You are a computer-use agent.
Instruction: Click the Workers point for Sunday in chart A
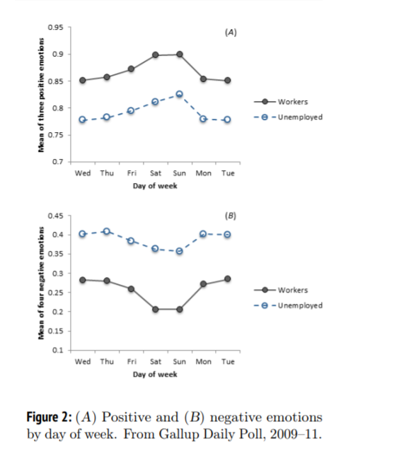pyautogui.click(x=179, y=54)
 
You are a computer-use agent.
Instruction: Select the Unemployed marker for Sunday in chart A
pyautogui.click(x=179, y=94)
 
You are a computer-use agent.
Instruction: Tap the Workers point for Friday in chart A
pyautogui.click(x=131, y=69)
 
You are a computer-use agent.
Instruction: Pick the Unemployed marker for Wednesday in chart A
pyautogui.click(x=83, y=120)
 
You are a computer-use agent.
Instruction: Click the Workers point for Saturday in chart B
pyautogui.click(x=155, y=310)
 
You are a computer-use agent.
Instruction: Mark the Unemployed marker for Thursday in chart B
pyautogui.click(x=107, y=231)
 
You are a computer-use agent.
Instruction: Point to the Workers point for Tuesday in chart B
pyautogui.click(x=227, y=278)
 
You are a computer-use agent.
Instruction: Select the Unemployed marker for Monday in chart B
pyautogui.click(x=203, y=234)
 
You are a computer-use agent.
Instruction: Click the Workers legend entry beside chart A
pyautogui.click(x=281, y=102)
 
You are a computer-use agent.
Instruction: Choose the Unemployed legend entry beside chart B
pyautogui.click(x=288, y=305)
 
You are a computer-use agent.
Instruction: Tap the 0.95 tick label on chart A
pyautogui.click(x=55, y=28)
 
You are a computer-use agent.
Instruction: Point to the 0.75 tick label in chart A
pyautogui.click(x=55, y=135)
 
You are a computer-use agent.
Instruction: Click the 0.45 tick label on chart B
pyautogui.click(x=55, y=216)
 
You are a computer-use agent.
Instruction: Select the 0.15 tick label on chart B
pyautogui.click(x=55, y=331)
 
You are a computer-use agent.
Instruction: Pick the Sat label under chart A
pyautogui.click(x=156, y=173)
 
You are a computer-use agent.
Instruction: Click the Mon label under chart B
pyautogui.click(x=203, y=362)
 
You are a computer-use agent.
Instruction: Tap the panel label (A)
pyautogui.click(x=231, y=33)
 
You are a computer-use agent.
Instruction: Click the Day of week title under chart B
pyautogui.click(x=155, y=375)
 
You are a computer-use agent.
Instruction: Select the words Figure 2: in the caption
pyautogui.click(x=50, y=417)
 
